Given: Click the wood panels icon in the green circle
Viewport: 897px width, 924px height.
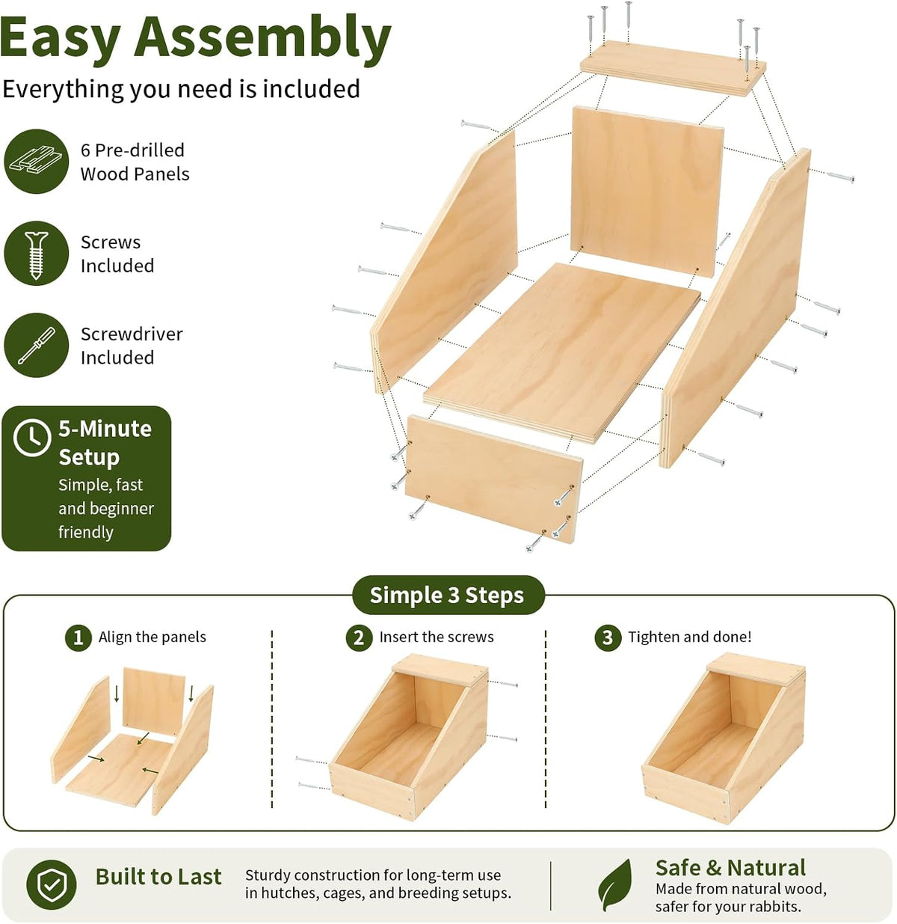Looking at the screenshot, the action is click(x=36, y=161).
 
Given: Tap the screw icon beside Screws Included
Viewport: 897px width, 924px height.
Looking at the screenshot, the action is click(x=36, y=253).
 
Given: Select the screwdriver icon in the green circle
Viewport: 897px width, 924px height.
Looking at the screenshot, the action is click(x=36, y=345).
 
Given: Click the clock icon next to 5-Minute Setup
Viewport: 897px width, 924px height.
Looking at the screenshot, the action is click(x=32, y=437).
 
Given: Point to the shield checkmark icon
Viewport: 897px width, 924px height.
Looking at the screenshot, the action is click(x=52, y=885).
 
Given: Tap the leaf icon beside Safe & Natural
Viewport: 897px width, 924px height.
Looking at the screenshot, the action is click(x=615, y=885).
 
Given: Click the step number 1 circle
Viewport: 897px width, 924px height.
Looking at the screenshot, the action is click(x=78, y=637).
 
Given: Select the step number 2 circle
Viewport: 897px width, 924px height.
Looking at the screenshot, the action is click(x=359, y=637).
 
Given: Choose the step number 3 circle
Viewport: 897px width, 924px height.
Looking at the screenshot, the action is click(x=608, y=637).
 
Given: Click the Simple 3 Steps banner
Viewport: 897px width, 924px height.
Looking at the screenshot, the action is click(x=447, y=595).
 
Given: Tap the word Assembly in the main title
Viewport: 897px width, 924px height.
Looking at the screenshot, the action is click(x=262, y=37).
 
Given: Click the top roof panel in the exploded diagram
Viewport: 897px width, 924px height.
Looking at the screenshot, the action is click(x=673, y=68).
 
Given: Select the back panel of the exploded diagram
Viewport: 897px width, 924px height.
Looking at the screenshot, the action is click(x=647, y=191).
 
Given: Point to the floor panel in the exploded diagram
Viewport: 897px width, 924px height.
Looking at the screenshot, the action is click(x=562, y=352).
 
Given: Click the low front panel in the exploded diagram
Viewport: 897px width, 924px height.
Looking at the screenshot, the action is click(x=493, y=478).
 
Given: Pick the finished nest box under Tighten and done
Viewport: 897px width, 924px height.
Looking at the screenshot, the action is click(x=723, y=739).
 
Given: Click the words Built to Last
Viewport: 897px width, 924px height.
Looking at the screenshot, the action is click(x=158, y=877).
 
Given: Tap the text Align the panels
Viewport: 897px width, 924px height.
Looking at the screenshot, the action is click(x=152, y=637).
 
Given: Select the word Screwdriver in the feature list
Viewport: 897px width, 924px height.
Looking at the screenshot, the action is click(x=132, y=334).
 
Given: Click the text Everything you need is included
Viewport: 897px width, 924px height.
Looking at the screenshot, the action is click(x=181, y=89).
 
